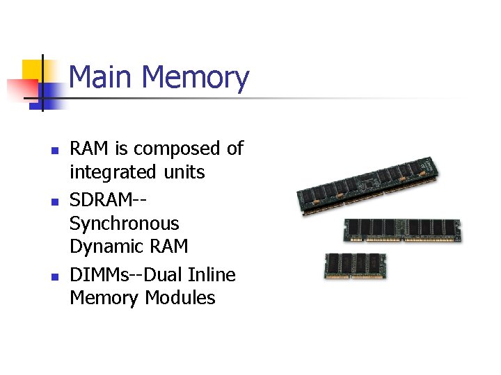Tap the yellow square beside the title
click(x=32, y=70)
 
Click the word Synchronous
click(x=125, y=224)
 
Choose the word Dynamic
click(x=104, y=247)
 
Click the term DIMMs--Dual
click(x=127, y=275)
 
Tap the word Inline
click(x=212, y=275)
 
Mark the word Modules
click(x=180, y=298)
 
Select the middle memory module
click(x=403, y=229)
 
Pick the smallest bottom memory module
click(x=355, y=266)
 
